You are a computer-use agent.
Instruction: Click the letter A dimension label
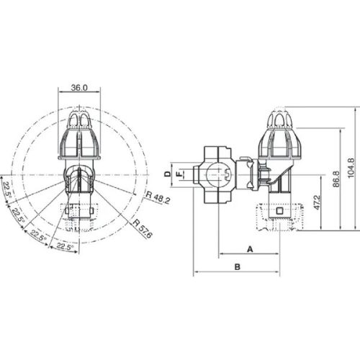pyautogui.click(x=250, y=248)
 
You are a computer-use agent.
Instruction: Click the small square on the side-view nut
pyautogui.click(x=279, y=211)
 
